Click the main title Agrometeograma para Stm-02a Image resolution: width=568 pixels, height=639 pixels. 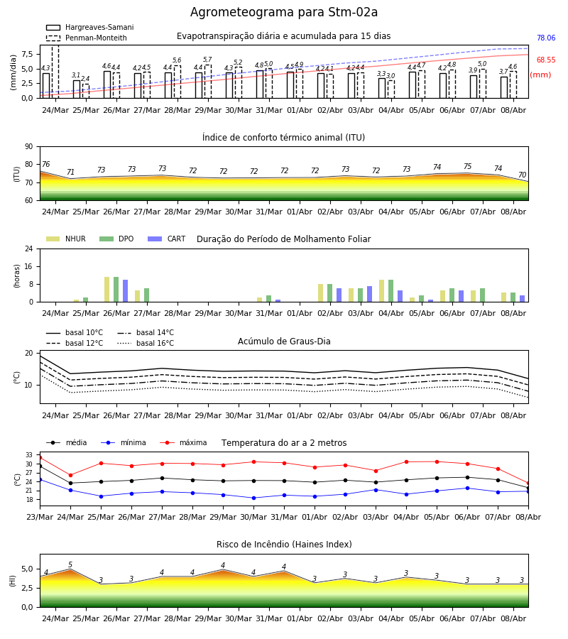point(283,12)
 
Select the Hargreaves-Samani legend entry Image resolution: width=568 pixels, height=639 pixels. point(89,27)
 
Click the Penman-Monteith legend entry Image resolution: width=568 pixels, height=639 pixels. point(87,38)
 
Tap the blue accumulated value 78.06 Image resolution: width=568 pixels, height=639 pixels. point(546,38)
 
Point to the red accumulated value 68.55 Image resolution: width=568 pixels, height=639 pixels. point(546,60)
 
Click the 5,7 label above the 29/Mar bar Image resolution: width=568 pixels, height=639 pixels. point(207,60)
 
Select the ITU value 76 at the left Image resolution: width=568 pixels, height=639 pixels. point(45,164)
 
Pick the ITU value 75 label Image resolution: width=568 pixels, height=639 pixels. point(467,166)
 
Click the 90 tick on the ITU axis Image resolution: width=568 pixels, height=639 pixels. point(29,147)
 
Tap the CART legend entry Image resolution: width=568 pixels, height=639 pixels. point(166,239)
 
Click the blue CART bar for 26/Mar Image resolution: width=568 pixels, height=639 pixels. point(125,291)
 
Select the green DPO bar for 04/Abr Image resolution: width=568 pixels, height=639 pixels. point(390,291)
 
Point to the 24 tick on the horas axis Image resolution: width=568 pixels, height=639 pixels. point(29,248)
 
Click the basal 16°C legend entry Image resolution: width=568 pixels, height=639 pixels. point(146,343)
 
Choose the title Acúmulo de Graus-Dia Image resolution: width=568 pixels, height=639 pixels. point(284,342)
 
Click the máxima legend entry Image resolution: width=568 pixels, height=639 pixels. point(183,442)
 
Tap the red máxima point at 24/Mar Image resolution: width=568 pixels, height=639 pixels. point(70,475)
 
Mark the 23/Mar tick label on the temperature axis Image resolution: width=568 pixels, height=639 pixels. point(40,517)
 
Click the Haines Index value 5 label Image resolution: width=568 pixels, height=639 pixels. point(70,564)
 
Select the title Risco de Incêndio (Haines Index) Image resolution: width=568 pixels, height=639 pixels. point(284,545)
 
